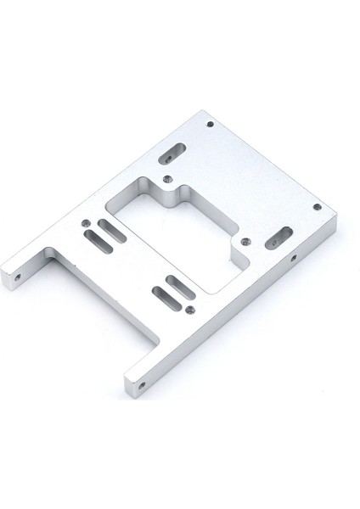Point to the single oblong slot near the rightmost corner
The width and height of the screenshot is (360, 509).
tap(278, 238)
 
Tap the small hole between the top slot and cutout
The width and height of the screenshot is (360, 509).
tap(166, 178)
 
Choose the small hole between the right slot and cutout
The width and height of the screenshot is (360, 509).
tap(246, 240)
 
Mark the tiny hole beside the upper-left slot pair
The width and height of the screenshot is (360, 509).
tap(87, 223)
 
